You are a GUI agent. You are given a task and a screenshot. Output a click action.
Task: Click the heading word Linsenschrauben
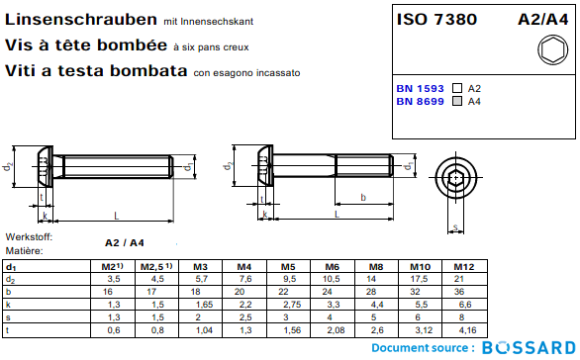(81, 20)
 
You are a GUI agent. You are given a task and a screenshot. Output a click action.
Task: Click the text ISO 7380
(436, 19)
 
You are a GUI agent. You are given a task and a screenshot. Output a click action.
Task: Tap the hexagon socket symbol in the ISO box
(552, 49)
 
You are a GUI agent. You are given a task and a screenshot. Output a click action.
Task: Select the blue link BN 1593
(420, 89)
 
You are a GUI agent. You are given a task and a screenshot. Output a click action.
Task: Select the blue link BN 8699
(420, 101)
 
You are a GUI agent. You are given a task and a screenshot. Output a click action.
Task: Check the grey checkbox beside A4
(457, 101)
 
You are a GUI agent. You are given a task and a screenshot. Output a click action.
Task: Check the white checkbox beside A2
(457, 88)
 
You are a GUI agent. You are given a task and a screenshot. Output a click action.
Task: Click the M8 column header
(376, 267)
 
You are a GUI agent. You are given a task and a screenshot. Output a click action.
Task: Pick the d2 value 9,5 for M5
(290, 279)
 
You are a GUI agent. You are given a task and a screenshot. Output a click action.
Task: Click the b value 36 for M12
(459, 292)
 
